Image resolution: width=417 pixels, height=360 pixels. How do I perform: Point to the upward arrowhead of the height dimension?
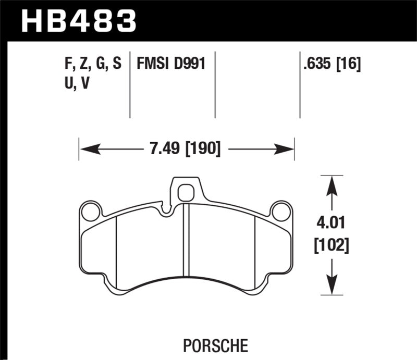(330, 184)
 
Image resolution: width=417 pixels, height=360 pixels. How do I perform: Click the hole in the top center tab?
(185, 193)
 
